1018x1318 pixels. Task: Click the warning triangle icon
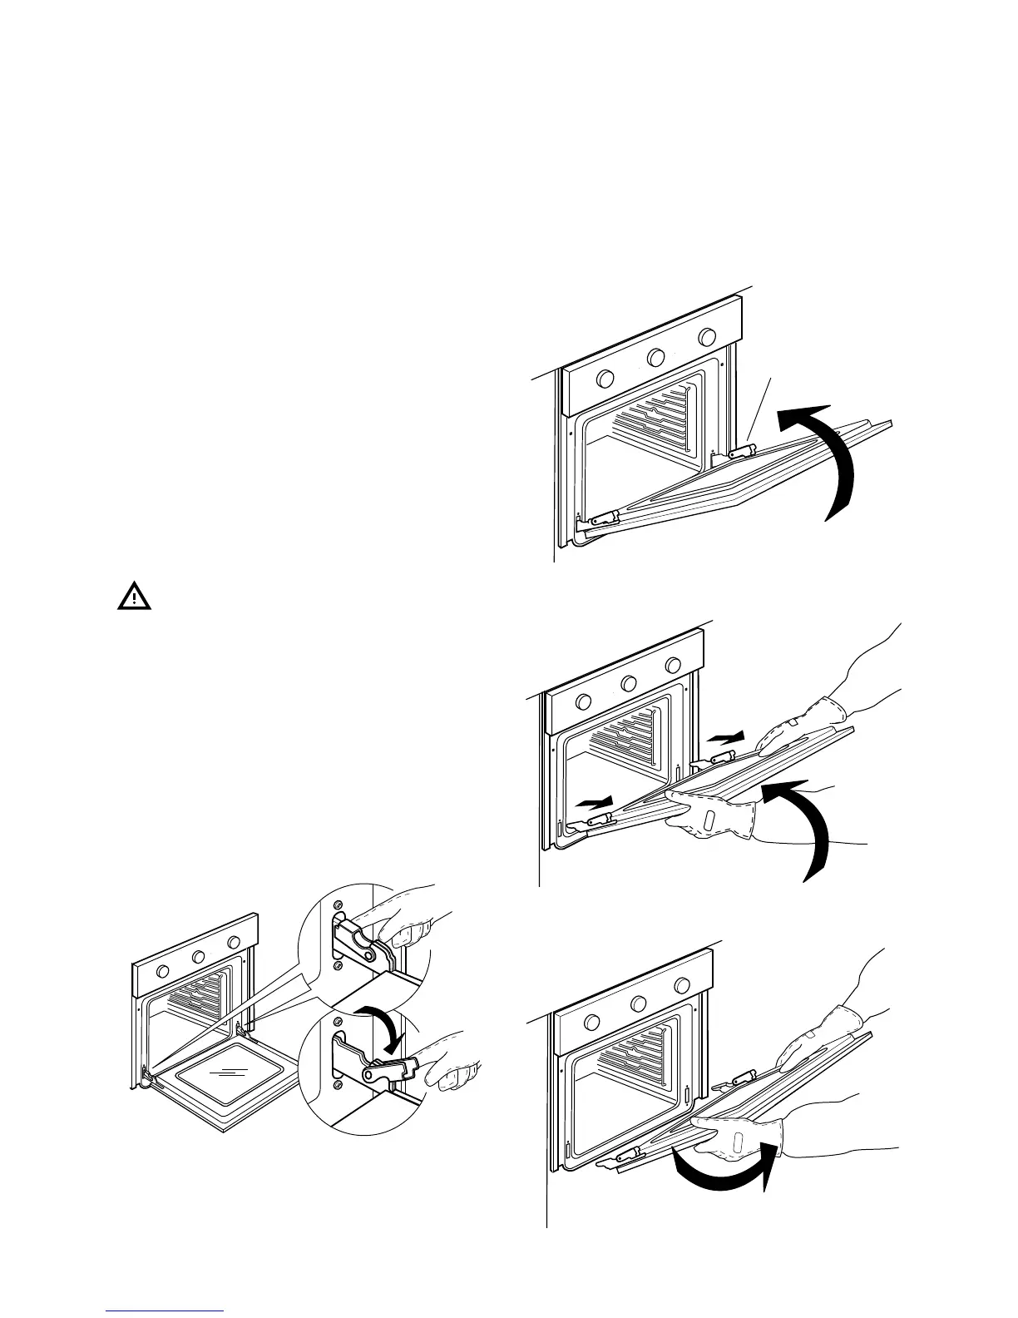coord(133,597)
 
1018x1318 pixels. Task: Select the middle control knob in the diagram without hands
coord(656,358)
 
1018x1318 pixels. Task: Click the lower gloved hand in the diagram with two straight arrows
coord(715,820)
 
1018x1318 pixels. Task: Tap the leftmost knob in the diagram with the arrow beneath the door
coord(593,1023)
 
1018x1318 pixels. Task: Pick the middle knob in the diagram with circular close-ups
coord(199,957)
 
